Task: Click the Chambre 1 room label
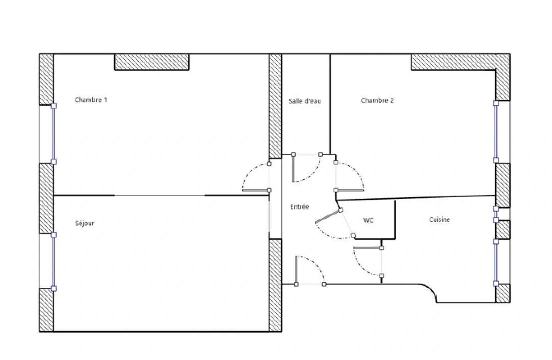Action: [x=91, y=100]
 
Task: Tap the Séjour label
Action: [x=84, y=223]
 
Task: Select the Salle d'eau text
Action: [x=304, y=101]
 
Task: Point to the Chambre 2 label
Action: [x=377, y=100]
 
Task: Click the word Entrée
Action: [x=299, y=207]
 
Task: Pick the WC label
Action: [x=368, y=220]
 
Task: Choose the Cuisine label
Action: [x=439, y=220]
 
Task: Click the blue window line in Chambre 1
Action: [x=53, y=134]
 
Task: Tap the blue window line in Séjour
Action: [x=53, y=262]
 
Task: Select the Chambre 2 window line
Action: [x=495, y=132]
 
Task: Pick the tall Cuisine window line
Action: [x=495, y=262]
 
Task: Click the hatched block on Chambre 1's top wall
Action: [x=152, y=62]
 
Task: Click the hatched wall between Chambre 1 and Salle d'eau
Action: [x=275, y=106]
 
